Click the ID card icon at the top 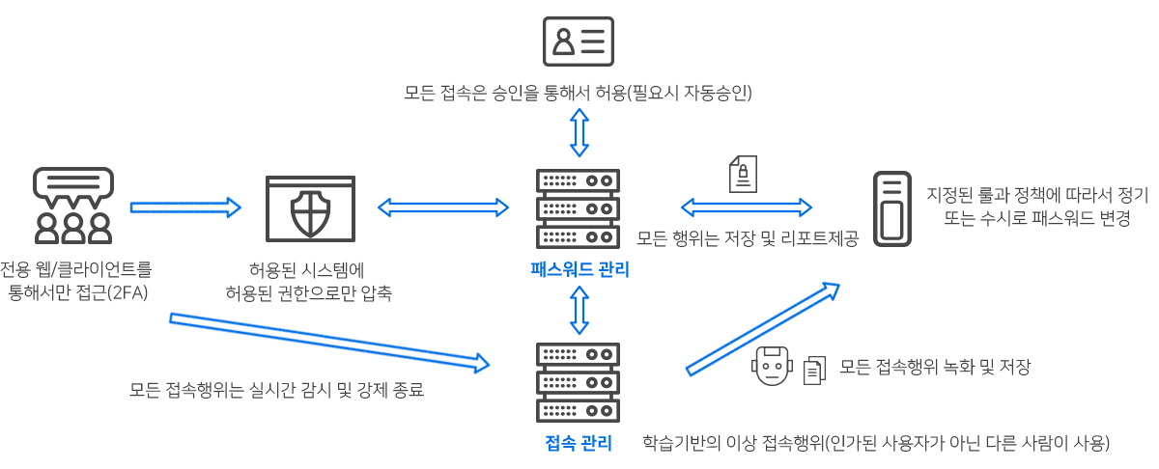coord(579,41)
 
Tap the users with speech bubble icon coord(73,206)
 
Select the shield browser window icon coord(310,208)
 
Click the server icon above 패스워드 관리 coord(578,208)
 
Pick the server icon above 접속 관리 coord(578,381)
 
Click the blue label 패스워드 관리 coord(579,269)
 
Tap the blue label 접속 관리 coord(579,443)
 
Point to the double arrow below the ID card coord(579,132)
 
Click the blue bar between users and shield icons coord(185,207)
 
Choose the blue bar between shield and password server coord(442,207)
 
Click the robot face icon coord(772,366)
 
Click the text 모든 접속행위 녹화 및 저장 coord(935,367)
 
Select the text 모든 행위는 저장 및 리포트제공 coord(747,238)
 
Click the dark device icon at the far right coord(892,208)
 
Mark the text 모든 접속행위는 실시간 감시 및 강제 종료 coord(276,390)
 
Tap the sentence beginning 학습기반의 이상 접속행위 coord(876,443)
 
